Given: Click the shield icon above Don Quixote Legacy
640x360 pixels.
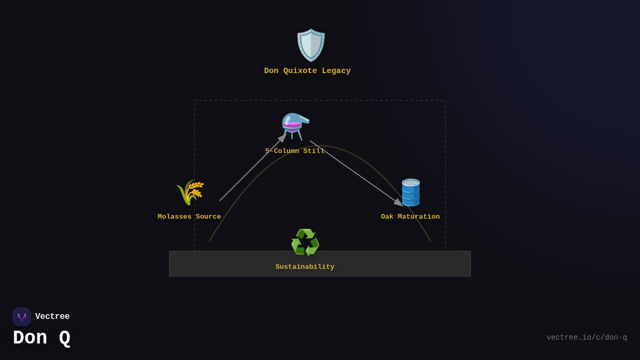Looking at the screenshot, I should click(311, 45).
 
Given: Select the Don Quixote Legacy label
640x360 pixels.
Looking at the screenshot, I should click(307, 71).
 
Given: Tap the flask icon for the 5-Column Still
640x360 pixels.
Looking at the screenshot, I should click(295, 126).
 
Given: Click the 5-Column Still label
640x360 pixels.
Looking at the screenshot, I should click(295, 151).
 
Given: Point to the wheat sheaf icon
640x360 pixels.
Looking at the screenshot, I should click(190, 193).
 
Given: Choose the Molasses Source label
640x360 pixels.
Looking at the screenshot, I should click(189, 217).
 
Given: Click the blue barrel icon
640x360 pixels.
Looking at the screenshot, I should click(411, 193).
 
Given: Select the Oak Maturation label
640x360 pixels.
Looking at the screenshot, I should click(410, 217).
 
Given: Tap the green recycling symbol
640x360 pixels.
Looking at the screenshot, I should click(305, 243).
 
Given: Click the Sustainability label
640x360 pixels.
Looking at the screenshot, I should click(305, 267).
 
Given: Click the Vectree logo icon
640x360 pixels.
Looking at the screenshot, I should click(22, 317).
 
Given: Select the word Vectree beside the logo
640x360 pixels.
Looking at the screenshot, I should click(52, 317).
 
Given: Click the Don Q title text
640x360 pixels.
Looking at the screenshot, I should click(42, 338).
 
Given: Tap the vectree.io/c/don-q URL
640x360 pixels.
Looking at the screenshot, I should click(587, 338).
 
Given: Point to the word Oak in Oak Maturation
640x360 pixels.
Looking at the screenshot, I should click(387, 217).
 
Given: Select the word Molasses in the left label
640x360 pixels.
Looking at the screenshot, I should click(174, 217).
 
